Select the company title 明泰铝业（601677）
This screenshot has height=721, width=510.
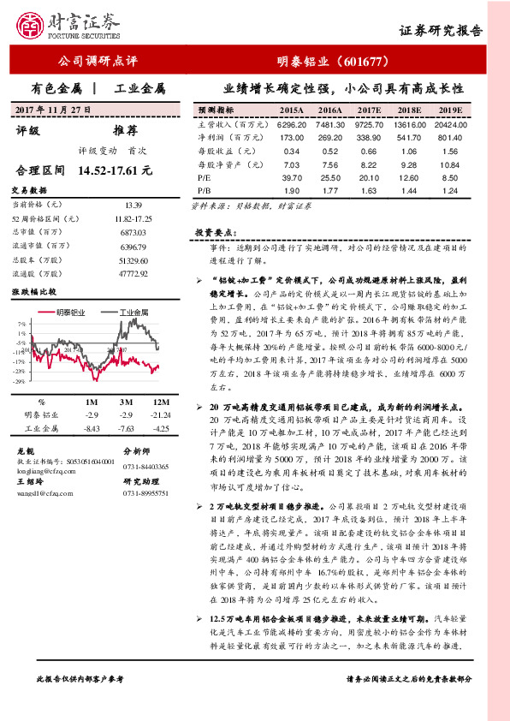[x=334, y=62]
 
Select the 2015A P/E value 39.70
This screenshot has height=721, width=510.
[x=292, y=176]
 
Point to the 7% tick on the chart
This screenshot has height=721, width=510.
[x=21, y=325]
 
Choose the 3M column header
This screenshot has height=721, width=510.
[x=126, y=402]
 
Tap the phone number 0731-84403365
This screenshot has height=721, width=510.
[x=147, y=465]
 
